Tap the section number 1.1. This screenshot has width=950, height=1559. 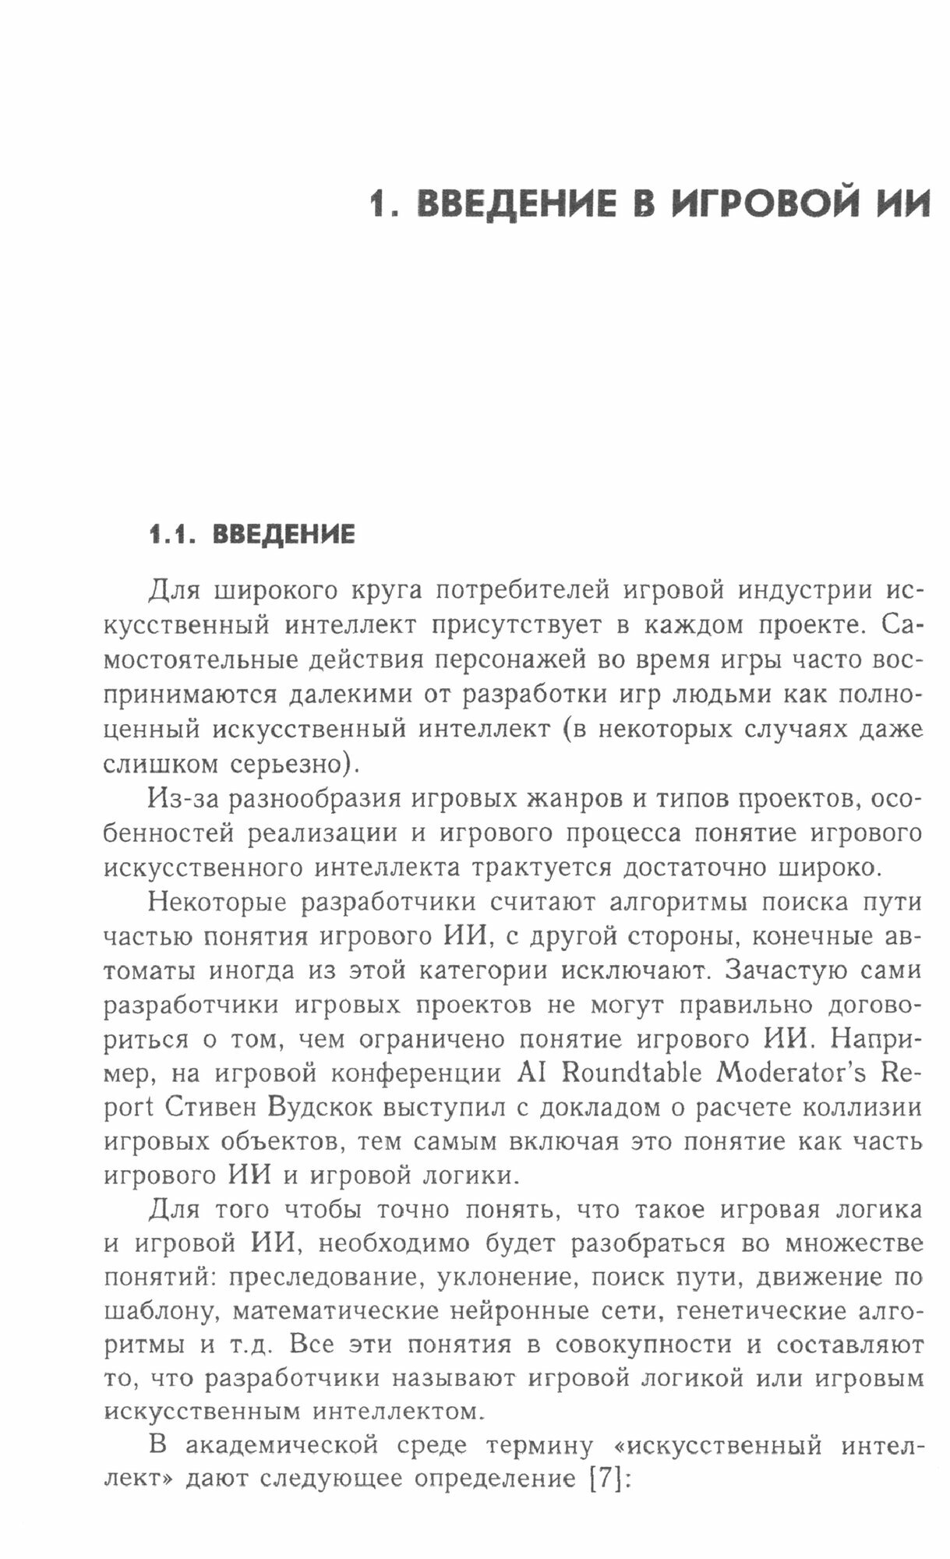coord(175,535)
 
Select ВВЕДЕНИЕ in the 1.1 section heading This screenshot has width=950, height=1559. coord(284,535)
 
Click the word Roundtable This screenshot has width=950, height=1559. coord(630,1073)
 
